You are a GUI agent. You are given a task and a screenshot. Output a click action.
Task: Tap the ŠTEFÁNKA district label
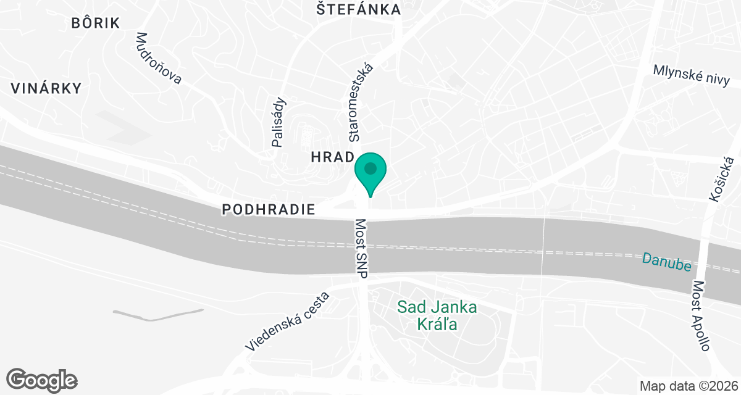point(358,10)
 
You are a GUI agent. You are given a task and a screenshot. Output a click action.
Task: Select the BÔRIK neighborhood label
point(95,23)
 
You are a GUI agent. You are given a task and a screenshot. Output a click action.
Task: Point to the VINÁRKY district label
point(46,88)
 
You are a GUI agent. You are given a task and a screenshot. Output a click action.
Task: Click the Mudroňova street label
point(158,58)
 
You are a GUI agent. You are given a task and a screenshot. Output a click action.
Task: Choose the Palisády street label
point(279,122)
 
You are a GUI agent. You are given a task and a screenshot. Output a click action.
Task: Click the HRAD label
point(332,157)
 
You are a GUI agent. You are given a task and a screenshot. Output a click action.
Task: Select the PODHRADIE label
point(269,210)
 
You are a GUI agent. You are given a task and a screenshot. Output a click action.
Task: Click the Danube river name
point(665,261)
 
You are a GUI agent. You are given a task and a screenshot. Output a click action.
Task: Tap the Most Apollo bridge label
point(701,316)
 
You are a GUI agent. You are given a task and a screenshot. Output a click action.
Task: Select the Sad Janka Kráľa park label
point(436,315)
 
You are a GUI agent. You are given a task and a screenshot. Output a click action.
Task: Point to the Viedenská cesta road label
point(287,322)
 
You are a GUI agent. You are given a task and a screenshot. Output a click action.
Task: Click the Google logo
point(42,379)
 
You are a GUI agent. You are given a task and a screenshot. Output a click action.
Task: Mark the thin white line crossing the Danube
point(543,247)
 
